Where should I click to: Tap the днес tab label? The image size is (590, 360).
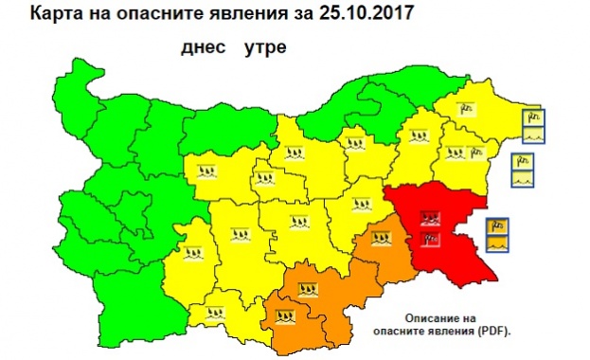click(200, 46)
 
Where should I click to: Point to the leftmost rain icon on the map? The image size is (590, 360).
click(192, 252)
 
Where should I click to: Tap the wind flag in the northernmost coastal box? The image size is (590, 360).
click(532, 116)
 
